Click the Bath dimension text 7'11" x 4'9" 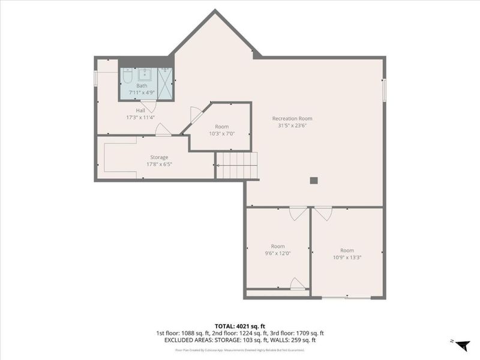(142, 92)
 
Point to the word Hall (140, 110)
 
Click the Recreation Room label (292, 118)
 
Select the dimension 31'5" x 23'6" (292, 126)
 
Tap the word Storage (159, 157)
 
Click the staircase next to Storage (236, 166)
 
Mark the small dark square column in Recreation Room (313, 180)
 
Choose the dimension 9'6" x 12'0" (277, 253)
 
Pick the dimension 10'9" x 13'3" (347, 257)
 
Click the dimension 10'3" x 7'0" (222, 134)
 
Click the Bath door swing (148, 106)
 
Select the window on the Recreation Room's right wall (384, 88)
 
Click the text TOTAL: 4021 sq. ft (239, 326)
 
